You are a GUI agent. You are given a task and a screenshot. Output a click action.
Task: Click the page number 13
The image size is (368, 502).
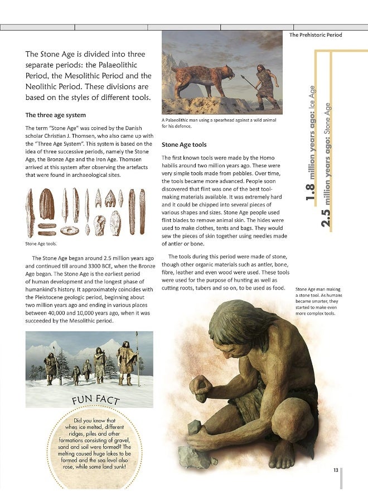pos(336,470)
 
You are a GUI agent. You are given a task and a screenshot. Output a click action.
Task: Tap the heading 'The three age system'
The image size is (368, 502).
pos(56,115)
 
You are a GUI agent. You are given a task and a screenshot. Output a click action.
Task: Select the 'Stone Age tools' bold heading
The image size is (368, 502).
pos(184,145)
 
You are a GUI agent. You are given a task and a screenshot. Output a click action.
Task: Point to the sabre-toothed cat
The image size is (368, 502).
pos(204,79)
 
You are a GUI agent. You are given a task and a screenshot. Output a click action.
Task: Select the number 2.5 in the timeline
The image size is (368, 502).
pos(327,218)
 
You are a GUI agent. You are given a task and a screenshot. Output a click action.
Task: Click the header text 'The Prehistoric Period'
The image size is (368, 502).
pos(316,35)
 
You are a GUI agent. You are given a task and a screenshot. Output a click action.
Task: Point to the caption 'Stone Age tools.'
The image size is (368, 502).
pos(41,243)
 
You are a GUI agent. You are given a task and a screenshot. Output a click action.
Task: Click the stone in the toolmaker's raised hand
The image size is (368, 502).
pos(202,387)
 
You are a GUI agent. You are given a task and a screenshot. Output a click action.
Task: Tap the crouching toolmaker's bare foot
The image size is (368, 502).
pos(284,454)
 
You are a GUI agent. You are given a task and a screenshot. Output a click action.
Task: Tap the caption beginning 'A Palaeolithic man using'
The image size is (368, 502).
pos(219,123)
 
